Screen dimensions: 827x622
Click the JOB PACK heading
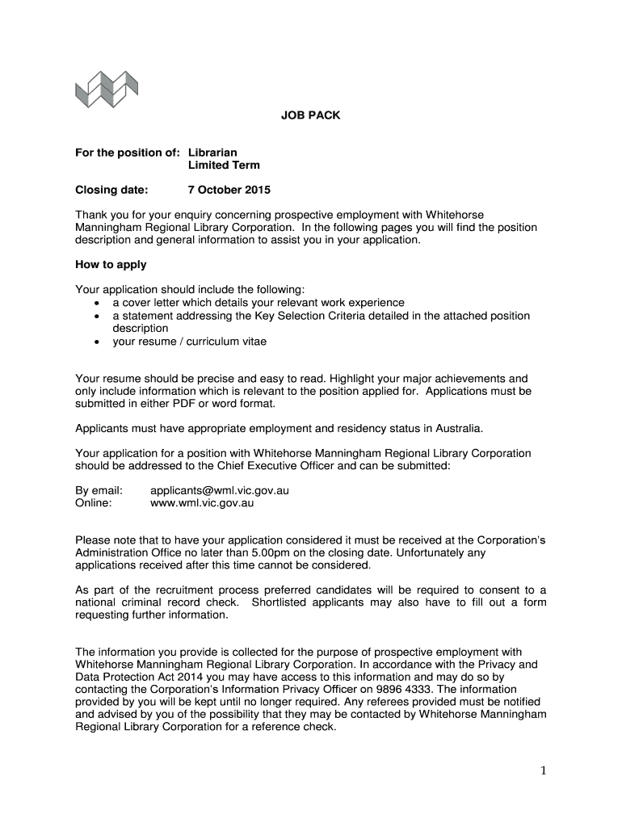311,115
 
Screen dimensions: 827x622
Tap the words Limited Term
224,165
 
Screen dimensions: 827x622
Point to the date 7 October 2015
229,190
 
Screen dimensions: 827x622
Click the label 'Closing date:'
112,190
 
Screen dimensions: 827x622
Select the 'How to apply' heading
111,264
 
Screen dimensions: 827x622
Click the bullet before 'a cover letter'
97,303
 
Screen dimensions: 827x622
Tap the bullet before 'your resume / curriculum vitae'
97,342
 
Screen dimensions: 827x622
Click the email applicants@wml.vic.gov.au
220,490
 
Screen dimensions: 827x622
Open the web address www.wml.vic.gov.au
202,502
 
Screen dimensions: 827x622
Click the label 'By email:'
99,490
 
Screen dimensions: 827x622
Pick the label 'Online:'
94,502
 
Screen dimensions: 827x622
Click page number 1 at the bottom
544,771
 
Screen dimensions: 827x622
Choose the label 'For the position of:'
128,152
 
